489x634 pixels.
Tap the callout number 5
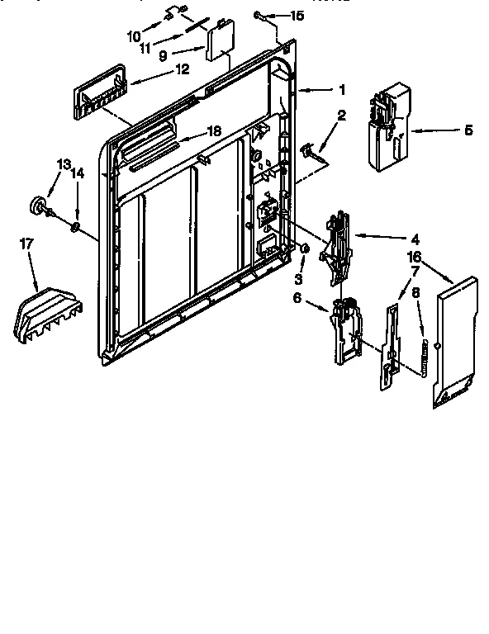tap(468, 130)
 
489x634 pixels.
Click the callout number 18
tap(213, 130)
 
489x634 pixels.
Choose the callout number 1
tap(342, 89)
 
